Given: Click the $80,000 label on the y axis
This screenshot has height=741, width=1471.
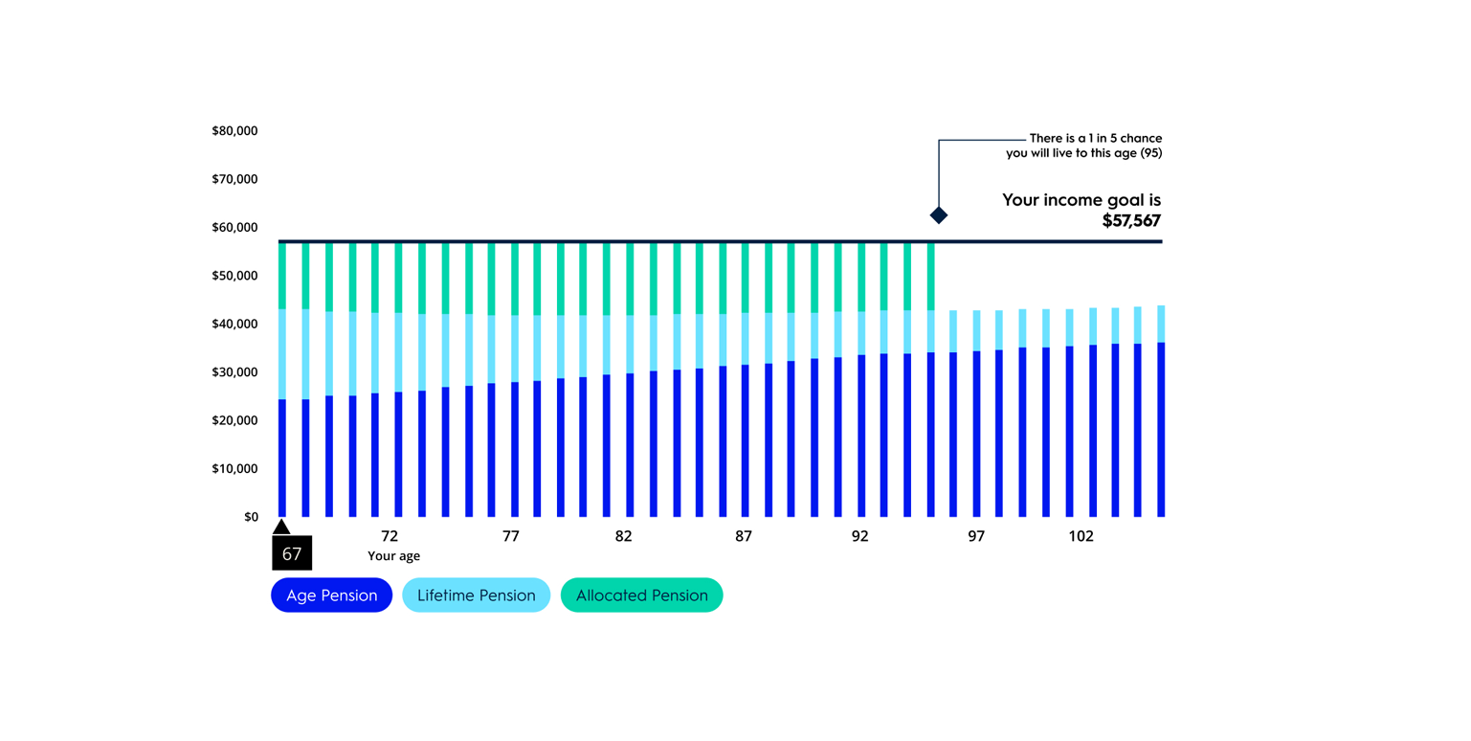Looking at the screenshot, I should point(235,130).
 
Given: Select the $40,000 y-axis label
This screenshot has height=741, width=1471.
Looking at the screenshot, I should point(235,324).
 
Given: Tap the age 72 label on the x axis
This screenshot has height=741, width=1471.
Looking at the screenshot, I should point(390,536).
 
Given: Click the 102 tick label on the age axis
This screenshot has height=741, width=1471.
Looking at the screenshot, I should point(1081,536).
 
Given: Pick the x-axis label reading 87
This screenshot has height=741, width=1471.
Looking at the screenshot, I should point(744,536).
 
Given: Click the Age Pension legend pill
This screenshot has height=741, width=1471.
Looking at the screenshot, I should point(331,595).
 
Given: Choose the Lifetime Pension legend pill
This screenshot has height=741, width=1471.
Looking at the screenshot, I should point(476,595).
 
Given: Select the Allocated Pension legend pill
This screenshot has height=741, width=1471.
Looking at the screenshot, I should point(641,595).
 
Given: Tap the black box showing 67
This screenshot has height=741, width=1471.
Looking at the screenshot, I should point(292,553).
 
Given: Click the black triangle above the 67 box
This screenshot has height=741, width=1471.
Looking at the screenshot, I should point(281,527).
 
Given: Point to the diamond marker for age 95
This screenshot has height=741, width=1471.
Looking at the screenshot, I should point(939,215).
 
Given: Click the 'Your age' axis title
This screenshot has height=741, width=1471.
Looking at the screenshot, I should point(393,555).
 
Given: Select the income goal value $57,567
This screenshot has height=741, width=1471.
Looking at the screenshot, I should point(1131,220).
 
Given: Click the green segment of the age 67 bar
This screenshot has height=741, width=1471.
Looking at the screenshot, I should point(282,276).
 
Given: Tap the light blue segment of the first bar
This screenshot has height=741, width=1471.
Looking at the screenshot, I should point(282,354).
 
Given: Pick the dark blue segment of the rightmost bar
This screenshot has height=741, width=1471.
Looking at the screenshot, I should point(1161,431).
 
